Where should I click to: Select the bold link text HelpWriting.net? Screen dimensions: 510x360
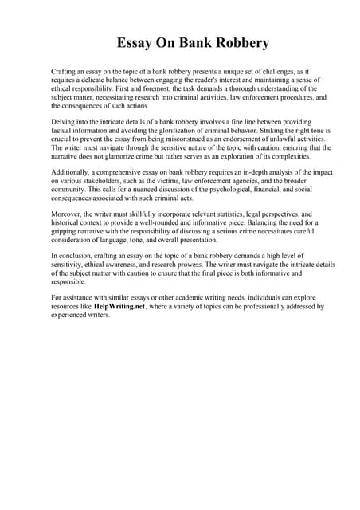point(120,305)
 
